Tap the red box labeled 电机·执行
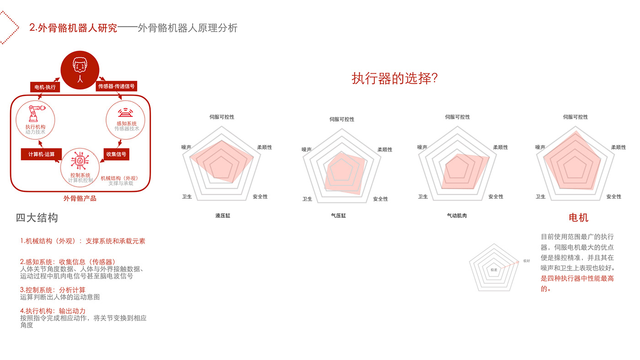pyautogui.click(x=45, y=86)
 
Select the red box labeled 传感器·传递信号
pyautogui.click(x=117, y=86)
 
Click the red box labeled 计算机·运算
pyautogui.click(x=41, y=154)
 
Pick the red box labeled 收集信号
pyautogui.click(x=116, y=154)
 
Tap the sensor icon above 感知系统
pyautogui.click(x=126, y=112)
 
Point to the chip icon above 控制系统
pyautogui.click(x=80, y=161)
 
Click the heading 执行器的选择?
pyautogui.click(x=395, y=78)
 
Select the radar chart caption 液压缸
pyautogui.click(x=223, y=215)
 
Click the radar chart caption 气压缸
pyautogui.click(x=338, y=215)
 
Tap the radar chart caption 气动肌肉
pyautogui.click(x=457, y=215)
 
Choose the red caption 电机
pyautogui.click(x=578, y=217)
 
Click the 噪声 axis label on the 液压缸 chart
pyautogui.click(x=186, y=147)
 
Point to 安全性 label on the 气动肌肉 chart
pyautogui.click(x=496, y=196)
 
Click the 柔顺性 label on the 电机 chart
pyautogui.click(x=618, y=147)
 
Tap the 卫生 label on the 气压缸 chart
pyautogui.click(x=307, y=199)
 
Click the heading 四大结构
pyautogui.click(x=37, y=217)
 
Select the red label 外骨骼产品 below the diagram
pyautogui.click(x=80, y=198)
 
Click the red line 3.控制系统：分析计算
pyautogui.click(x=53, y=290)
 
